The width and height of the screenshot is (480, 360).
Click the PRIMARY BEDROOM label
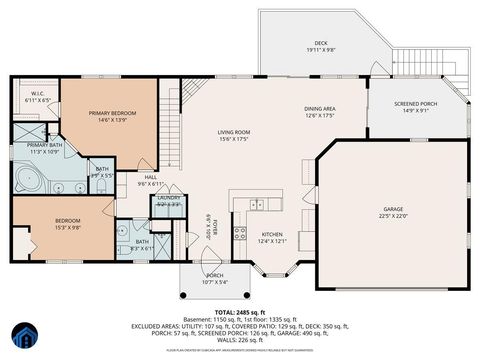tap(111, 113)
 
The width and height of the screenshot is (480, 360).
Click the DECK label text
tap(320, 43)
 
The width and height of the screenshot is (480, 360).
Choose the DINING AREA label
tap(320, 109)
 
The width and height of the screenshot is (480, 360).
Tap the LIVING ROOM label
tap(234, 132)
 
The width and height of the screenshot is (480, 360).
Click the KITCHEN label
tap(273, 233)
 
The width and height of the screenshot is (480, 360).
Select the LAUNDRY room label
tap(168, 198)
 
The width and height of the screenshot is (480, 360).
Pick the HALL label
tap(150, 177)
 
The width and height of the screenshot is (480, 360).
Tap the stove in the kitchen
tap(240, 235)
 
